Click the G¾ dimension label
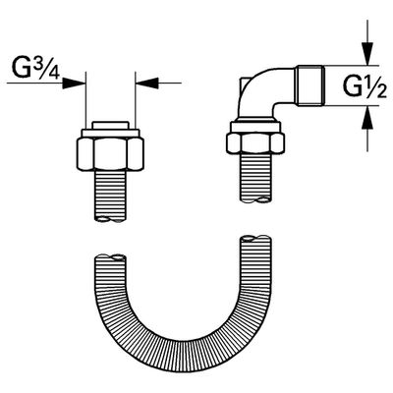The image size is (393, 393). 36,69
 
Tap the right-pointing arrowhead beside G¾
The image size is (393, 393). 74,83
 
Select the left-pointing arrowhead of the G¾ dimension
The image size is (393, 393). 147,83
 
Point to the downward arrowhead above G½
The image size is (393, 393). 367,54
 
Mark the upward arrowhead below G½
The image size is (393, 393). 367,118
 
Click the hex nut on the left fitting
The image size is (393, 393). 110,154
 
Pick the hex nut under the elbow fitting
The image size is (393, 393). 255,142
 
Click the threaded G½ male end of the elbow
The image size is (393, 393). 310,85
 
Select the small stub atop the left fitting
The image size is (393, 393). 110,125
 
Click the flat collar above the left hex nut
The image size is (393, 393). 110,133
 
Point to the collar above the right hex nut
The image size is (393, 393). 255,127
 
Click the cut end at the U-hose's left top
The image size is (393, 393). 110,257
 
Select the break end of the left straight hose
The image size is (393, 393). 110,219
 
